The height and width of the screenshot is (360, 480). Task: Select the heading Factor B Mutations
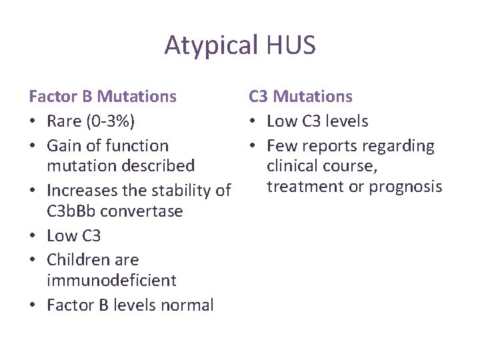(103, 97)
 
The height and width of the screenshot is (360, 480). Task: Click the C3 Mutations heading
(300, 97)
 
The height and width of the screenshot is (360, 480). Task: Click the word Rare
(65, 121)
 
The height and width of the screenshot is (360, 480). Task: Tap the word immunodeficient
(111, 280)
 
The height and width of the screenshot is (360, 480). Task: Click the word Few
(281, 146)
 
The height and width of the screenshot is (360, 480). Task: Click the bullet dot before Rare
(33, 122)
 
